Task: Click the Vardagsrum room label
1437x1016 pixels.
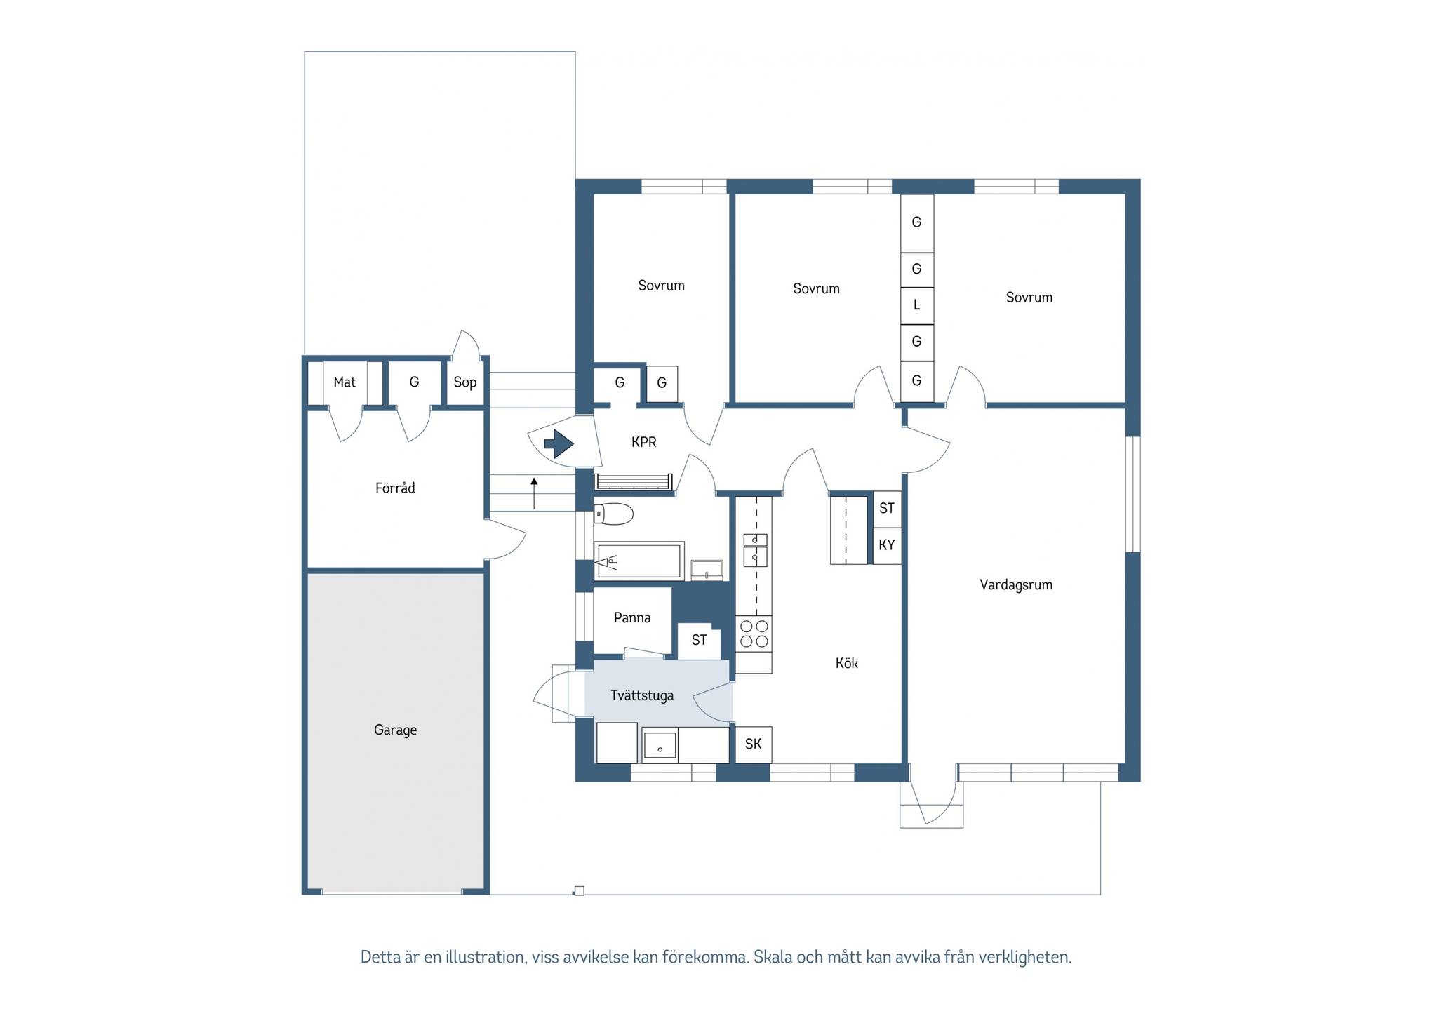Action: tap(1016, 585)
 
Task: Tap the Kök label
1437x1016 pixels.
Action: tap(846, 663)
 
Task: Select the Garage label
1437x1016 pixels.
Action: tap(395, 730)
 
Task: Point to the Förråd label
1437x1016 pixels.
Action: tap(395, 488)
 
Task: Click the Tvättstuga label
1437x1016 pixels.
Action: tap(642, 695)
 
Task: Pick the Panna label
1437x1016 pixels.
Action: tap(632, 617)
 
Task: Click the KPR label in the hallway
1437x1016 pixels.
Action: tap(644, 442)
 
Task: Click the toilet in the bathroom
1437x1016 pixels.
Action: tap(613, 514)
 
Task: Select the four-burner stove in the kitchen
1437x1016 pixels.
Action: tap(754, 634)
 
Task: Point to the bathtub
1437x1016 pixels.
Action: tap(639, 561)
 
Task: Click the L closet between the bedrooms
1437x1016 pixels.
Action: tap(916, 306)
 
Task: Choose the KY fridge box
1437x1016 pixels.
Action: tap(887, 545)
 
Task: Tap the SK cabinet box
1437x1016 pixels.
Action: tap(754, 744)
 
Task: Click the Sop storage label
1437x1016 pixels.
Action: tap(464, 382)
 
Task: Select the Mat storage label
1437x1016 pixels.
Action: tap(345, 382)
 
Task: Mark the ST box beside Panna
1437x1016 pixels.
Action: tap(699, 640)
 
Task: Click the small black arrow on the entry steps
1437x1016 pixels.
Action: tap(534, 493)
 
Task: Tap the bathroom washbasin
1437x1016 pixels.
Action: tap(707, 570)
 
